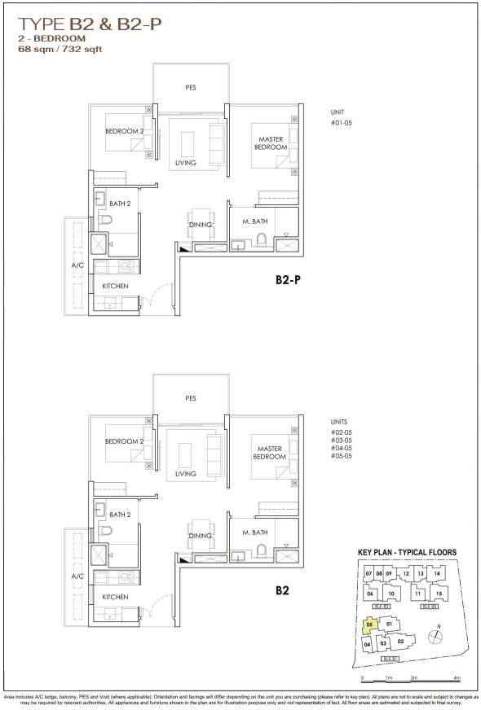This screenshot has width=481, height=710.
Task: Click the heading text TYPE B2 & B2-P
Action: point(90,24)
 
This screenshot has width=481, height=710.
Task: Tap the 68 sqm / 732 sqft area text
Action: point(60,49)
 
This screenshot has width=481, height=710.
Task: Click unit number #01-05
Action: point(342,123)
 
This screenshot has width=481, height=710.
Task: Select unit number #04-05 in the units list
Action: point(342,448)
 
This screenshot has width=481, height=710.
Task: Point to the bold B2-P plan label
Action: point(288,280)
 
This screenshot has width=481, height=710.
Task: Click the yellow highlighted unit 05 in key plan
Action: point(370,625)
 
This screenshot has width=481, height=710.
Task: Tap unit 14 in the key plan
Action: point(437,573)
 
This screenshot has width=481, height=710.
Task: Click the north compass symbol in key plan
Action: point(435,636)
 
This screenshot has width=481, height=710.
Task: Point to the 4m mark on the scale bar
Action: point(457,678)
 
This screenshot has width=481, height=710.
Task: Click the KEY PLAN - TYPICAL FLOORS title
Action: point(407,552)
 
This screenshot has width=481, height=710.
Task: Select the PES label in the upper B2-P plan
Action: point(191,87)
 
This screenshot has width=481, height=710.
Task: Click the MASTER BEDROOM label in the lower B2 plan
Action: point(270,453)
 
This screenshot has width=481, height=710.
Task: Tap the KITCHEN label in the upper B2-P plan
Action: point(115,286)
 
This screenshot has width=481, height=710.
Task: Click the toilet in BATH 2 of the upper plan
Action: point(106,220)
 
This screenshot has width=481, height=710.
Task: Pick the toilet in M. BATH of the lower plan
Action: point(262,550)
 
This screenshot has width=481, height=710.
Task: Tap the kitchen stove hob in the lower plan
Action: point(126,577)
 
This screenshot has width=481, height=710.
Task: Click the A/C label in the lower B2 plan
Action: point(77,576)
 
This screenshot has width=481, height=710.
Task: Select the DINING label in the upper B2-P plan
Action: point(201,225)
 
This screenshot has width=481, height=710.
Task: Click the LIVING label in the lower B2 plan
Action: point(186,474)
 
